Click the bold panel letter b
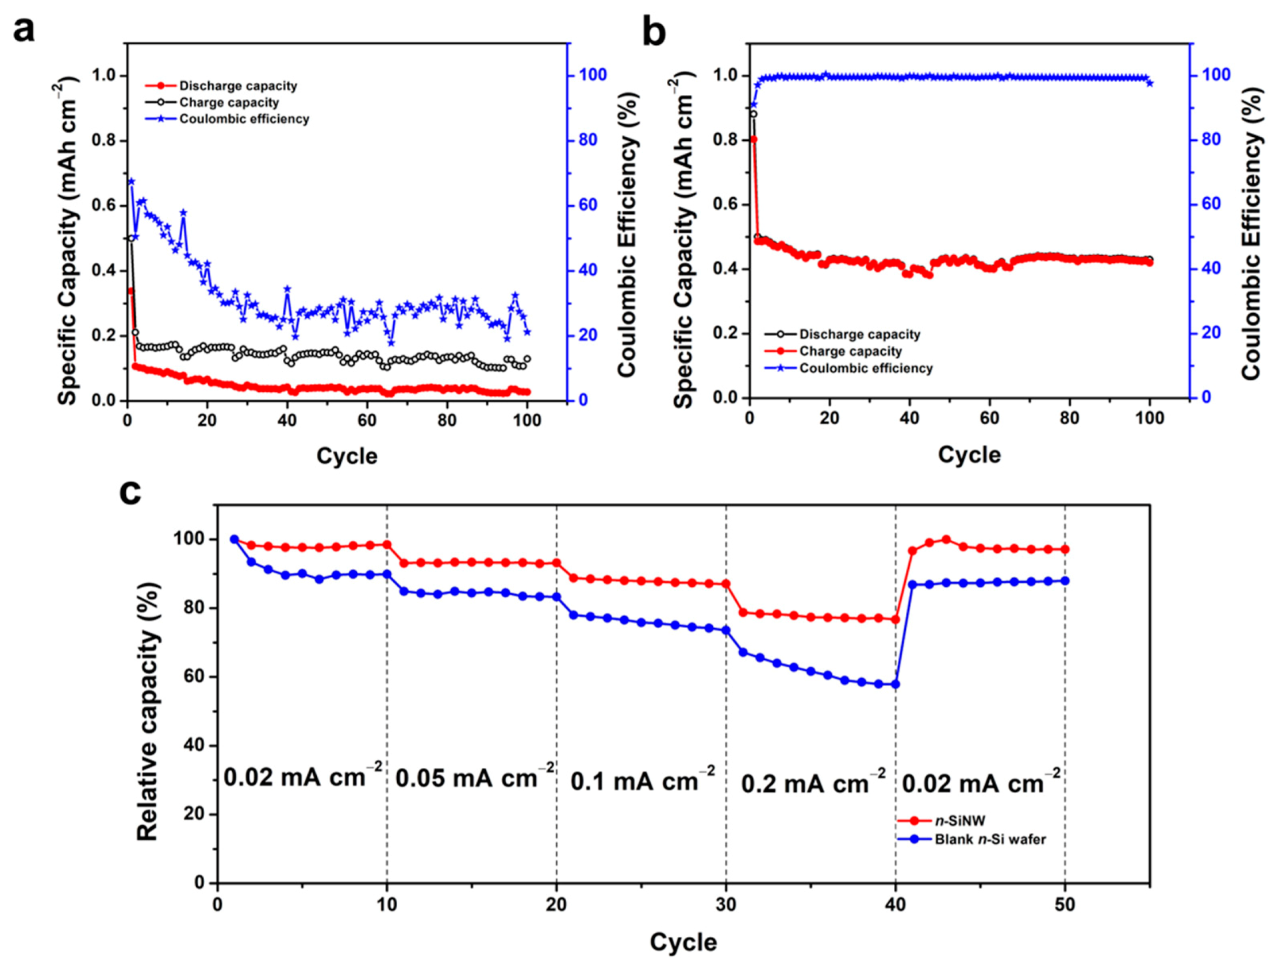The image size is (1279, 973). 654,32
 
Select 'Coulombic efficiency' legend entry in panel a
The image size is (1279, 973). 244,119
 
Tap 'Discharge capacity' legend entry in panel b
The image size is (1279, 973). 859,334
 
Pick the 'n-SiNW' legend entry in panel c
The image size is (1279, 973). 960,821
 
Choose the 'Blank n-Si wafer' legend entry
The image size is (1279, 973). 990,839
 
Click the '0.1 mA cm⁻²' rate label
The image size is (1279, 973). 642,780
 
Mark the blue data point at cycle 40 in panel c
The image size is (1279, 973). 896,684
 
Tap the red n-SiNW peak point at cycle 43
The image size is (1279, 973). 947,539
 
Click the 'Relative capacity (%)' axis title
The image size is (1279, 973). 147,712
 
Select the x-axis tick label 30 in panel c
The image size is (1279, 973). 727,904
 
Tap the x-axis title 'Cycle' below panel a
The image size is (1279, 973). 347,456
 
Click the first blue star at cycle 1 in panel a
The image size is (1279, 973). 131,181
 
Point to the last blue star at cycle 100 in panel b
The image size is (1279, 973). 1150,83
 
